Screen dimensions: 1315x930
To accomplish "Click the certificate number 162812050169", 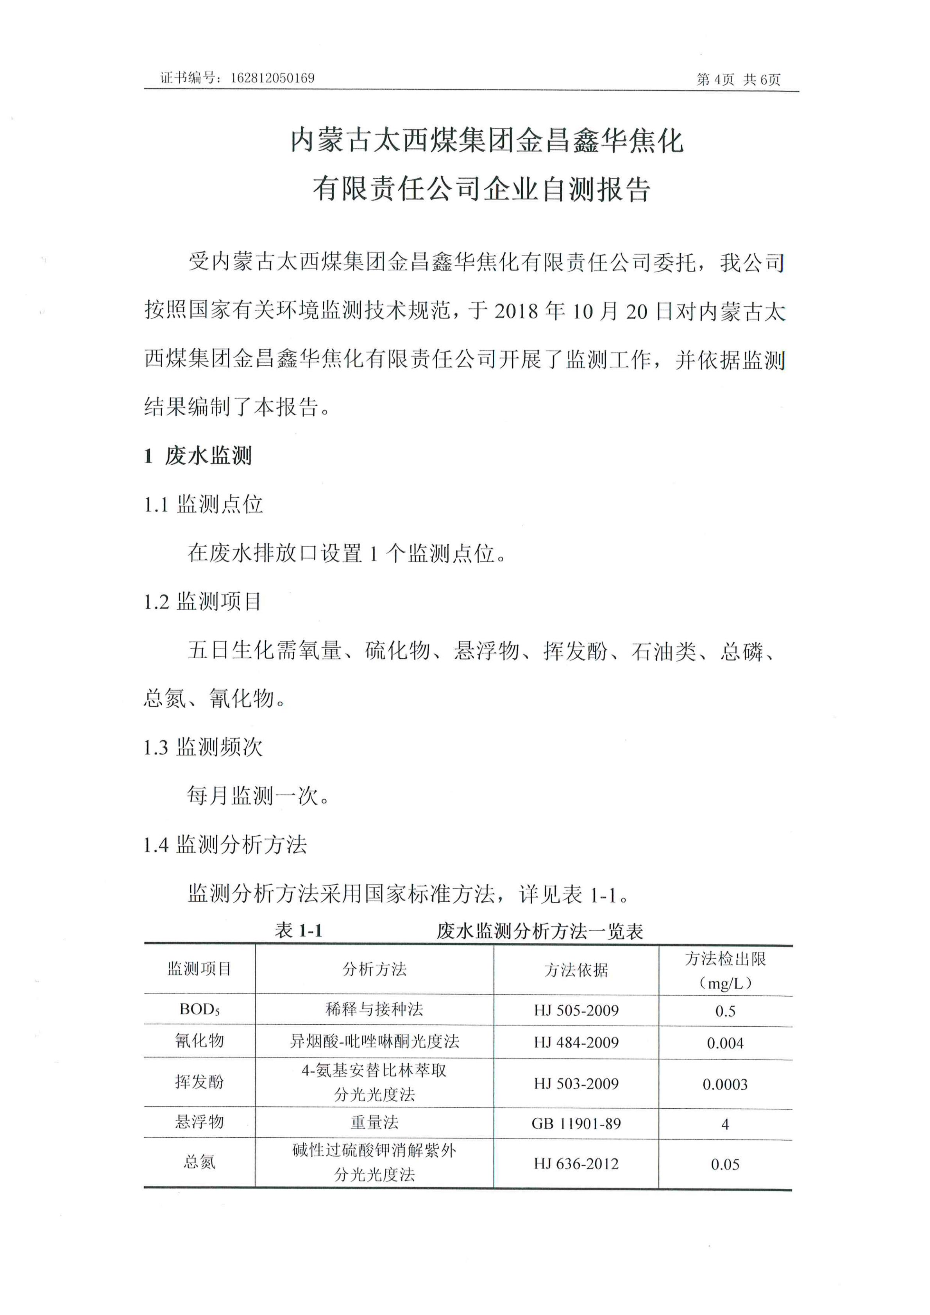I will pyautogui.click(x=272, y=78).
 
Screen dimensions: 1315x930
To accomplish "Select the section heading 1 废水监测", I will pyautogui.click(x=198, y=456).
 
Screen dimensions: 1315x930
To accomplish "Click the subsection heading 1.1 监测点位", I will pyautogui.click(x=204, y=505).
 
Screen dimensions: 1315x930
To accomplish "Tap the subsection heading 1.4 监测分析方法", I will pyautogui.click(x=225, y=844).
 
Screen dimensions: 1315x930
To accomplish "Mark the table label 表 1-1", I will pyautogui.click(x=299, y=930).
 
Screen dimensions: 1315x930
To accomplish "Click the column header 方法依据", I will pyautogui.click(x=576, y=970).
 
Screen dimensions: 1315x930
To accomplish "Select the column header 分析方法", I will pyautogui.click(x=374, y=969).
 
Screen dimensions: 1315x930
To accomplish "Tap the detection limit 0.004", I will pyautogui.click(x=725, y=1043).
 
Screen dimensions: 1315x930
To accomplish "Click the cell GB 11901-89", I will pyautogui.click(x=576, y=1124).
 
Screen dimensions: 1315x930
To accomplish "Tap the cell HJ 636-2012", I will pyautogui.click(x=576, y=1164).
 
